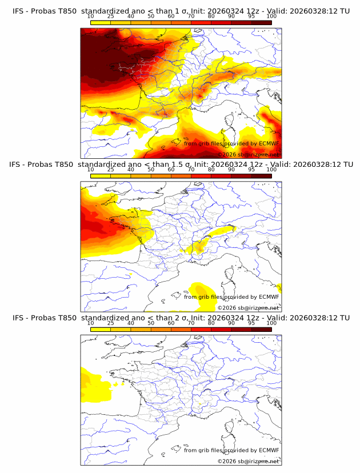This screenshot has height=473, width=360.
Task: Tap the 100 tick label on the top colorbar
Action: click(271, 17)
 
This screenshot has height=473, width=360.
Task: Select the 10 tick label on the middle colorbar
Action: click(91, 170)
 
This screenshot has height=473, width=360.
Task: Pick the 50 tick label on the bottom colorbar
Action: click(151, 323)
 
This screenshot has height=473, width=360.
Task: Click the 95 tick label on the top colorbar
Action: click(251, 17)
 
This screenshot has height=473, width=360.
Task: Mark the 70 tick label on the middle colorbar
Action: click(191, 170)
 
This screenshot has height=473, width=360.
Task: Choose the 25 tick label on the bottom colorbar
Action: click(111, 323)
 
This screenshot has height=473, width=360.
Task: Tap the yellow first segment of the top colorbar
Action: click(101, 22)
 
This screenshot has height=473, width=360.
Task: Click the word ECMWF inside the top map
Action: click(269, 143)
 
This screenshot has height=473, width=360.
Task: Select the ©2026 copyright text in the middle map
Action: click(229, 308)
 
